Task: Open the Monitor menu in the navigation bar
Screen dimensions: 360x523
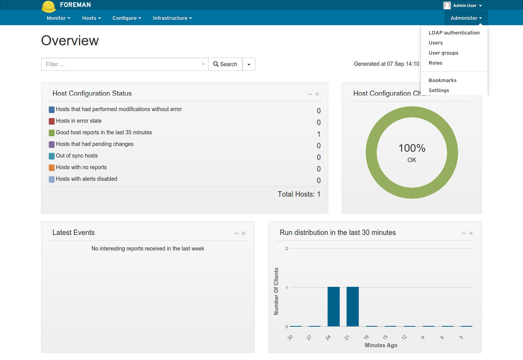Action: pyautogui.click(x=58, y=18)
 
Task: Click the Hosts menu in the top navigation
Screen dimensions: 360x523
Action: pyautogui.click(x=91, y=18)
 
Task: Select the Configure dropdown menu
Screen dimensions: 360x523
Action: pyautogui.click(x=127, y=18)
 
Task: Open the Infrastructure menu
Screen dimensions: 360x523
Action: pyautogui.click(x=172, y=18)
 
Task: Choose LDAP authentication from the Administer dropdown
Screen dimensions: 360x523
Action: pyautogui.click(x=454, y=33)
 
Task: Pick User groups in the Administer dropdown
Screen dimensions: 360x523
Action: pyautogui.click(x=443, y=53)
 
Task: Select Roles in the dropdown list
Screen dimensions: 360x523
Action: pyautogui.click(x=436, y=63)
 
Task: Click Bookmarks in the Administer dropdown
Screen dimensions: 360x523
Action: pyautogui.click(x=442, y=81)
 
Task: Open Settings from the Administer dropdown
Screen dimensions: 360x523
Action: pyautogui.click(x=439, y=91)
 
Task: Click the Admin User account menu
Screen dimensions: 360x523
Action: pyautogui.click(x=463, y=5)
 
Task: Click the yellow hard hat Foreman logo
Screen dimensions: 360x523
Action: pyautogui.click(x=49, y=6)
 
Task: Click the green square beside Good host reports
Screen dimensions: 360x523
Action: pyautogui.click(x=51, y=133)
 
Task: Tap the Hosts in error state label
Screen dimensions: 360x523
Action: pyautogui.click(x=79, y=121)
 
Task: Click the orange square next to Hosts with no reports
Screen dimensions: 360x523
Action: pyautogui.click(x=51, y=168)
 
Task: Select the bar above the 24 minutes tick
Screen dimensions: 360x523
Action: pyautogui.click(x=333, y=307)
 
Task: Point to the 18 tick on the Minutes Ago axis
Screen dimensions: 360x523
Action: pyautogui.click(x=366, y=337)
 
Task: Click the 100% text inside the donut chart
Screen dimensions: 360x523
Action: pyautogui.click(x=412, y=148)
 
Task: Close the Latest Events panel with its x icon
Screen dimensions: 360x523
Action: pyautogui.click(x=243, y=233)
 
